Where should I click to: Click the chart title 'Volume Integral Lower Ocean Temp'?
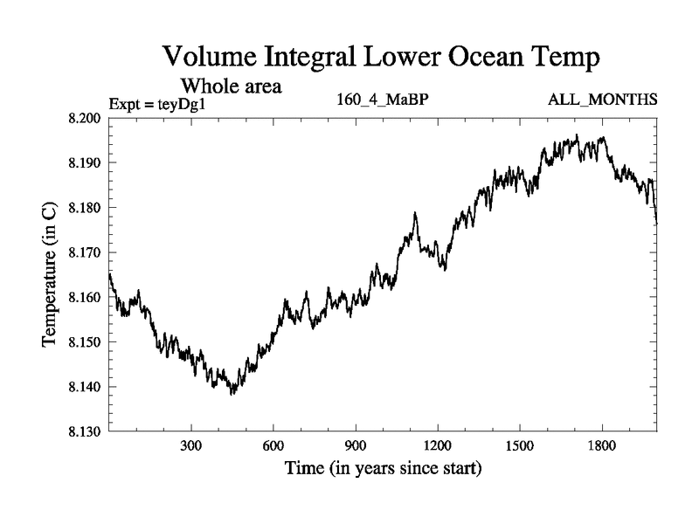point(383,59)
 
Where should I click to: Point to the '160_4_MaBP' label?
point(382,100)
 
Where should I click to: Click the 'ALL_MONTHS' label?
point(603,100)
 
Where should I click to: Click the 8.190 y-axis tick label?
point(86,163)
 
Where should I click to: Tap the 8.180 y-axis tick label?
point(86,208)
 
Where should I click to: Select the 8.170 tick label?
point(86,252)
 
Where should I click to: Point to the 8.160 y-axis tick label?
point(86,298)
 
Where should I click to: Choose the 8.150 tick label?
point(86,342)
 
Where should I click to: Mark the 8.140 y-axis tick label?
point(86,387)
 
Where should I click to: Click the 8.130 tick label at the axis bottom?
point(86,431)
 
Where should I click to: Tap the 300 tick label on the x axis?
point(192,445)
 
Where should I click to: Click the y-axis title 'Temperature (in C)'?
point(51,275)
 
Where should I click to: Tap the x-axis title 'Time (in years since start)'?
point(383,469)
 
